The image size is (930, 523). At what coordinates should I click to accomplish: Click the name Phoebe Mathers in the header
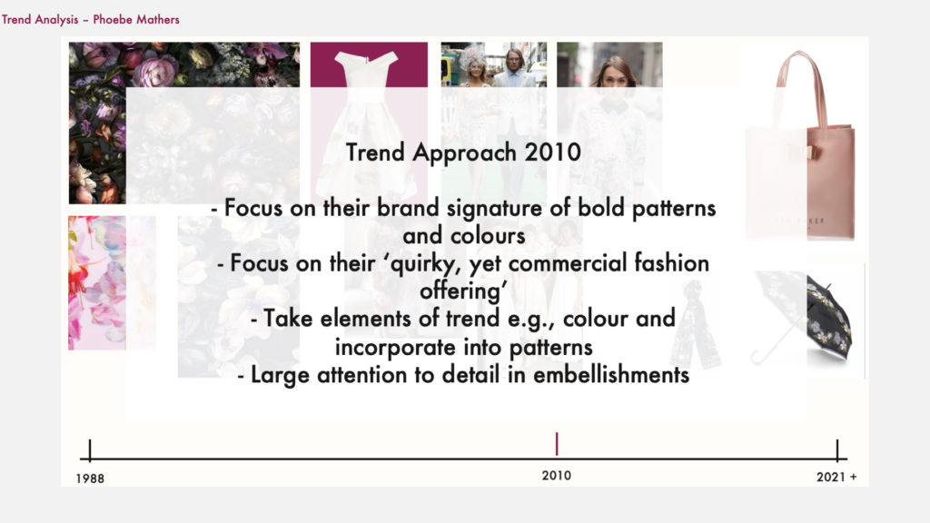136,20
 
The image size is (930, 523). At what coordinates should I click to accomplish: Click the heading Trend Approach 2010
463,153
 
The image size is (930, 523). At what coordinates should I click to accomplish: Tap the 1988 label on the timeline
90,479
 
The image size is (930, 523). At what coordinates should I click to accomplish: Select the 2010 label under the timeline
557,476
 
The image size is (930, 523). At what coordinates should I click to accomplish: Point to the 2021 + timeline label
836,477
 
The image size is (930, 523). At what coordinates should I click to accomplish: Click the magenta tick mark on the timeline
557,444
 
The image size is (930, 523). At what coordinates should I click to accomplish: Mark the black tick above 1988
90,450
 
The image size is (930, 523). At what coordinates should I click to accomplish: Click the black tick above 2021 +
836,450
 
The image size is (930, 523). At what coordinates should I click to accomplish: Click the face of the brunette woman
613,75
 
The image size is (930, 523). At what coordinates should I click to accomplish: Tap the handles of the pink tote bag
800,89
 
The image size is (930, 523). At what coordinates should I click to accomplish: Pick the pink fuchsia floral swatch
96,283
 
